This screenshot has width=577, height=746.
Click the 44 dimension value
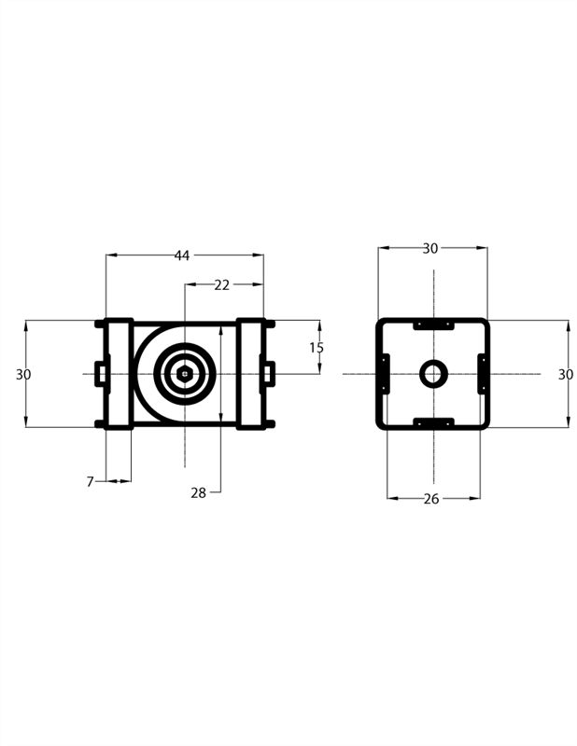(182, 256)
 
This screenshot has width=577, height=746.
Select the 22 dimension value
(221, 285)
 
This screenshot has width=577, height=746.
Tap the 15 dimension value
(317, 348)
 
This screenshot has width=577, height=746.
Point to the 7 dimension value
(91, 482)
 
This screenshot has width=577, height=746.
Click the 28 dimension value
(198, 493)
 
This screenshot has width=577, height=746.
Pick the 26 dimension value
(431, 499)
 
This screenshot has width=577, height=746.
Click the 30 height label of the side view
(24, 374)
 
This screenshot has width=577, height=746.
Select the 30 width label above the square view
(430, 248)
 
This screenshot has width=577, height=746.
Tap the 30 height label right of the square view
(566, 374)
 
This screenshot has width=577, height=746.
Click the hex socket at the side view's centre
(185, 374)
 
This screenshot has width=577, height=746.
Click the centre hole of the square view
(433, 375)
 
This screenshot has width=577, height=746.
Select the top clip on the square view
(433, 325)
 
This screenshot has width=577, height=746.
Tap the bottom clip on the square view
(433, 423)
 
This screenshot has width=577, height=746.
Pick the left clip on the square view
(384, 374)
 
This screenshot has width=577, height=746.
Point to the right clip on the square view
(483, 374)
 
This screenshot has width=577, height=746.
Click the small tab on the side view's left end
(101, 374)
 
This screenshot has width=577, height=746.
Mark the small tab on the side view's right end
(269, 374)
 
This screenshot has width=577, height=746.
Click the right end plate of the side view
(251, 374)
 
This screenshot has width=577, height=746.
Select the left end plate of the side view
(119, 374)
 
